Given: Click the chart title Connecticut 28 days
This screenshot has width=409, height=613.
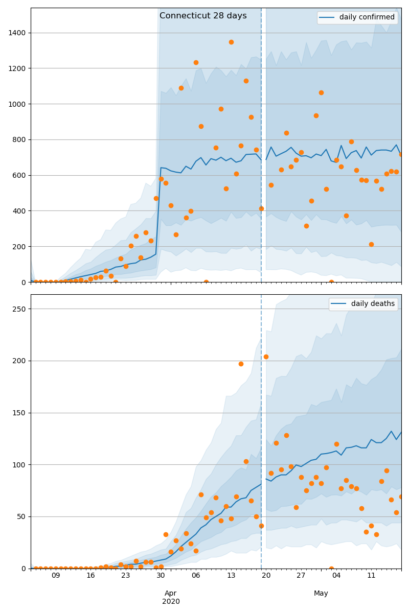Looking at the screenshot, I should (203, 16).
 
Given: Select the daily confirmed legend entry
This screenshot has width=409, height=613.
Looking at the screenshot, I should (357, 17).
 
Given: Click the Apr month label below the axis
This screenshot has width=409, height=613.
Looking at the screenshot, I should (171, 593).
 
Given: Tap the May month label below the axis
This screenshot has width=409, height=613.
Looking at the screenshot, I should (321, 593).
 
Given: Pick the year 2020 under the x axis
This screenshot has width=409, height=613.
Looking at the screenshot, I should (171, 601).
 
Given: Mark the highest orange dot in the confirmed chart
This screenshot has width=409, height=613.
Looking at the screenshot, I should (231, 42).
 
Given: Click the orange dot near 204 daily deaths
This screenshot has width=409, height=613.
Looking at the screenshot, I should (266, 357).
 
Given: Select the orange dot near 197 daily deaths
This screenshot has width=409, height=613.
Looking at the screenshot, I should (241, 364).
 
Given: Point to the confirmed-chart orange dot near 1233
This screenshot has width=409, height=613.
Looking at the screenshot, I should (196, 62).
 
